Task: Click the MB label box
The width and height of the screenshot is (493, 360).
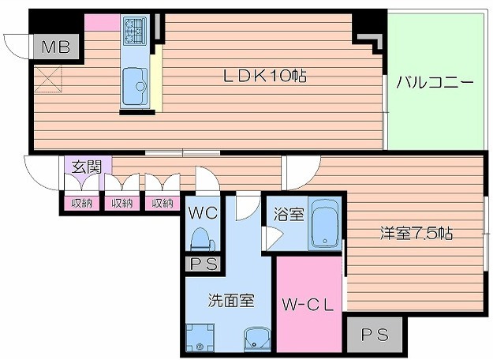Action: (x=54, y=47)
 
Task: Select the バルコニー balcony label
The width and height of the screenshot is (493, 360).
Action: (x=435, y=81)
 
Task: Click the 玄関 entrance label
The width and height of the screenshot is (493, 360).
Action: (x=86, y=167)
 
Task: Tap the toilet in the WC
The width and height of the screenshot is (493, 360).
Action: (x=201, y=238)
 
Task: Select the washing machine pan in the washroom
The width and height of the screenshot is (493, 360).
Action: (x=198, y=337)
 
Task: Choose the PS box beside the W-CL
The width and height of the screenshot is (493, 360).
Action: (x=375, y=335)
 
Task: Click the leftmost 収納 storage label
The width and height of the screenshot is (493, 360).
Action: (x=81, y=204)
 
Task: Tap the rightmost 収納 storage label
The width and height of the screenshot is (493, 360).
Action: (x=162, y=204)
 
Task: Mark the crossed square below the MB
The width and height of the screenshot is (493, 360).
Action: (x=48, y=78)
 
